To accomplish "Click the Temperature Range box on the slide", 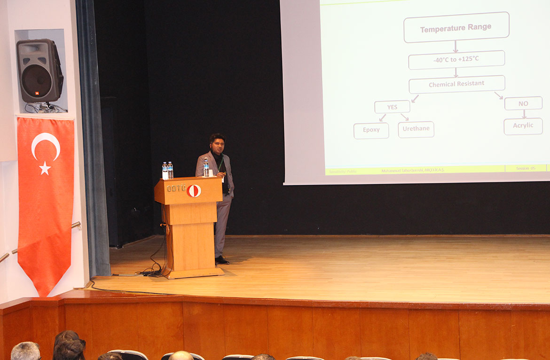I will click(456, 27).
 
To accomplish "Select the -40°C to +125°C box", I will click(456, 60).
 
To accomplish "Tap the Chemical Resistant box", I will click(456, 85).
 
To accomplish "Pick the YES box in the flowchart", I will click(392, 107).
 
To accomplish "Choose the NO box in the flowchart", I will click(523, 103).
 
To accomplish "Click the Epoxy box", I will click(371, 130).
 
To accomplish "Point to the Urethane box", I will click(416, 129).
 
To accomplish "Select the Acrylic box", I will click(523, 126).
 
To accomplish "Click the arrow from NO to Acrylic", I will click(523, 114).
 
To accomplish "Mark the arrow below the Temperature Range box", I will click(455, 46).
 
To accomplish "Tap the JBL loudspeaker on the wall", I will click(39, 70).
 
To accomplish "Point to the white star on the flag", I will click(45, 168).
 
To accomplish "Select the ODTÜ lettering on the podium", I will click(176, 188).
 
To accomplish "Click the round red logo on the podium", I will click(194, 190).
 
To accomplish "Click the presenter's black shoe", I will click(222, 260).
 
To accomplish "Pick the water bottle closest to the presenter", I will click(206, 168).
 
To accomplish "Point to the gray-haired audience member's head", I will click(25, 351).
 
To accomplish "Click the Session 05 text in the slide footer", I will click(526, 168).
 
